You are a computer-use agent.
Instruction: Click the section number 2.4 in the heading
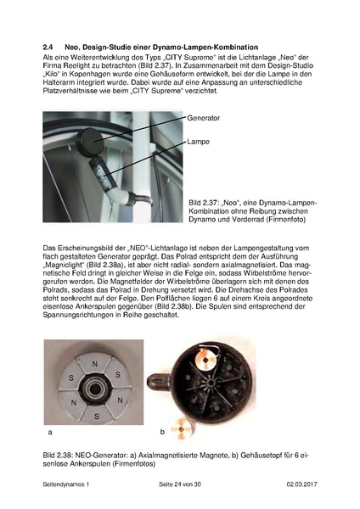point(48,44)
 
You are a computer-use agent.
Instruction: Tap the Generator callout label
point(203,120)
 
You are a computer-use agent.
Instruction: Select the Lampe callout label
point(198,143)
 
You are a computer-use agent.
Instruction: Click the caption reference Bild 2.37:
point(209,204)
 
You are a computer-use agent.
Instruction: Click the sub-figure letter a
point(51,432)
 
